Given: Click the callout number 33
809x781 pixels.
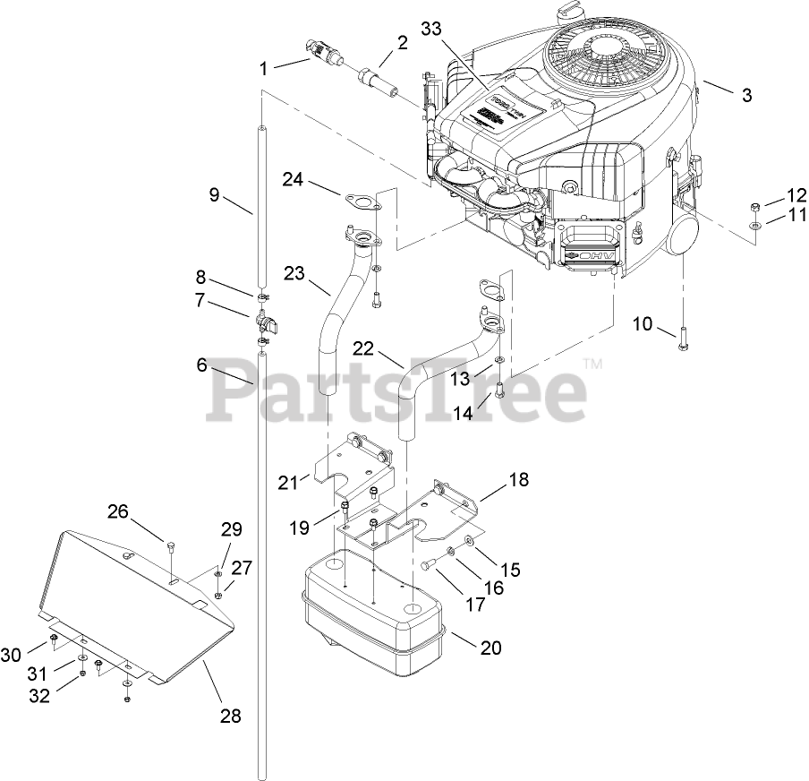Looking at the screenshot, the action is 431,29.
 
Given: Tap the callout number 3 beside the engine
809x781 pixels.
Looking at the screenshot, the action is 747,96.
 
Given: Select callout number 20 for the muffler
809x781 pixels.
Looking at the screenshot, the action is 490,648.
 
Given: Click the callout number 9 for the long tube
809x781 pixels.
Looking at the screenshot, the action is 215,194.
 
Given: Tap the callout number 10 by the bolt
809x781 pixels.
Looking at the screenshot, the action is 643,323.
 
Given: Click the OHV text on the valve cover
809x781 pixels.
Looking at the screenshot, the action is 594,259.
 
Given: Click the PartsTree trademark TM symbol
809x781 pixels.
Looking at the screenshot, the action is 592,364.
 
